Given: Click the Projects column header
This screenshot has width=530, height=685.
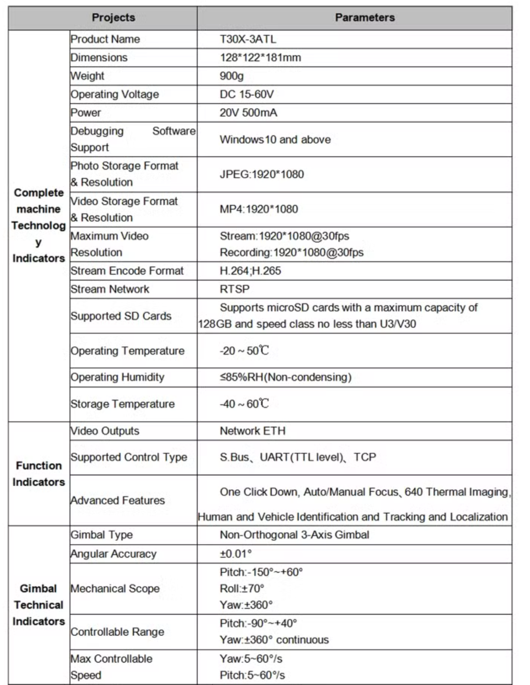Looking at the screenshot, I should click(113, 17).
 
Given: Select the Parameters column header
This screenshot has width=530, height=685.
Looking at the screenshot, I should click(365, 17).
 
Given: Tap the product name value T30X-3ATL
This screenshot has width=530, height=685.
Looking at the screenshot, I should click(248, 39).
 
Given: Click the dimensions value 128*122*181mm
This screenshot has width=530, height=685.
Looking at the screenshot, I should click(260, 57).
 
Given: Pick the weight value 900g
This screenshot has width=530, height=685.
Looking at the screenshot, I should click(232, 76).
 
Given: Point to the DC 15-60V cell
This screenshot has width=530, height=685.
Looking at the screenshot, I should click(247, 94).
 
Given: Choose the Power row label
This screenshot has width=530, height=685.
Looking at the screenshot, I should click(86, 113).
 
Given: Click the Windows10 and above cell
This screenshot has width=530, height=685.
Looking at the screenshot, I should click(275, 139).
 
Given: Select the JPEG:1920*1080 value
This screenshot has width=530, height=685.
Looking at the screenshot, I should click(262, 174).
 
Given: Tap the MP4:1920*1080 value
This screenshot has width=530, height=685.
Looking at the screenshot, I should click(259, 209).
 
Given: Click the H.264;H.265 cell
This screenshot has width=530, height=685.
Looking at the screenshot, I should click(250, 271).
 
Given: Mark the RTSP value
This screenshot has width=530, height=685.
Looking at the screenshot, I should click(235, 289).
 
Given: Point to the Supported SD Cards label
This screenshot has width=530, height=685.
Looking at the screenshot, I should click(121, 316).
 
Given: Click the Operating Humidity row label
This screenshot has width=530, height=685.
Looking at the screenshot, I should click(117, 377).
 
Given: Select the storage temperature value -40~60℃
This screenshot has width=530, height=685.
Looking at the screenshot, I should click(244, 404).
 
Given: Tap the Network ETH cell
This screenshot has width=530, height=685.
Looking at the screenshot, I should click(253, 431).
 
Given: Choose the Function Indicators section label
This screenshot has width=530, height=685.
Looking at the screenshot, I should click(38, 474).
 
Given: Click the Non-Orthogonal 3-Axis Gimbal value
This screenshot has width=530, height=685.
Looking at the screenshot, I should click(294, 535).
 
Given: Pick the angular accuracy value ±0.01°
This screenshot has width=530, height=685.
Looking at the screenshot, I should click(236, 554).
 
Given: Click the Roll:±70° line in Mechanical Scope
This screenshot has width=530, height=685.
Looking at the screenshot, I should click(242, 589).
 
